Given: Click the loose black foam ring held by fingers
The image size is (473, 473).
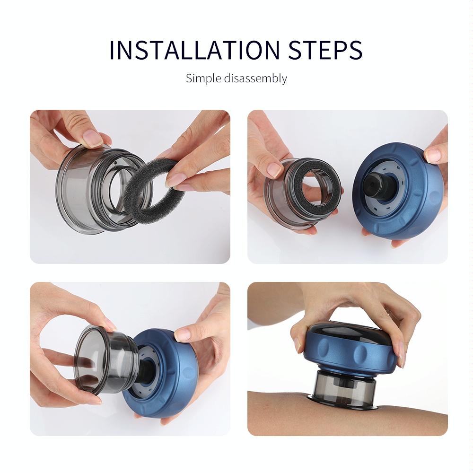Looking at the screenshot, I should coord(142,208).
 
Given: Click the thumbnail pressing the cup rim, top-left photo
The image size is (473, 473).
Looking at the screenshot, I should coord(93,138).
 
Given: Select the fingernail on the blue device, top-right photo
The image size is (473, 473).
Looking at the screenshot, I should coord(432,155).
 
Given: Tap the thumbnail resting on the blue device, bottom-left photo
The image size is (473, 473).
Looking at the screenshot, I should coord(183,335).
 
